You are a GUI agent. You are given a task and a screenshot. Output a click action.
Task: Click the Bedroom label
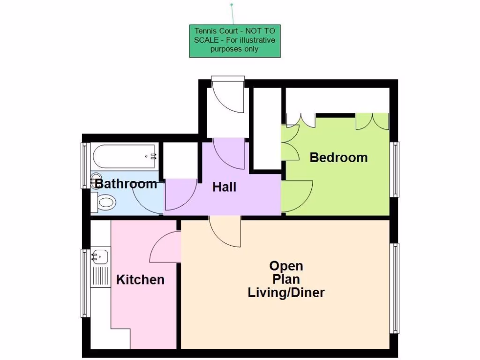(338, 157)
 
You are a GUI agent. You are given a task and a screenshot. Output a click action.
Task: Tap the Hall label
(224, 187)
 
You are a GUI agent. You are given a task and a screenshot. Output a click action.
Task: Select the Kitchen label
(140, 280)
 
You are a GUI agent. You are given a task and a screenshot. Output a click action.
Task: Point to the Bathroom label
(126, 183)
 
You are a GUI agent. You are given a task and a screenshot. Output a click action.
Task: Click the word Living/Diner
(286, 293)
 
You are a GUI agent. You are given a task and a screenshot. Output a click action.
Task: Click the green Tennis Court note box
(235, 41)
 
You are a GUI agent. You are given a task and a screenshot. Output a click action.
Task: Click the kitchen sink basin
(100, 256)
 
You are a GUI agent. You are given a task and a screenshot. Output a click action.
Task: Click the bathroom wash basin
(96, 180)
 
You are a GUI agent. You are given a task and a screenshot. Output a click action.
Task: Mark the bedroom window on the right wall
(395, 169)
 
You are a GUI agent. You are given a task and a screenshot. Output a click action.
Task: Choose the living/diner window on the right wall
(395, 288)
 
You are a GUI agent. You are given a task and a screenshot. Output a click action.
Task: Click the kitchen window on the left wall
(85, 283)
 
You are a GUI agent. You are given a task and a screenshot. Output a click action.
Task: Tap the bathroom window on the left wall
(85, 165)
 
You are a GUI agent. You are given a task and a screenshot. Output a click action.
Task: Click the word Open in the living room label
(286, 266)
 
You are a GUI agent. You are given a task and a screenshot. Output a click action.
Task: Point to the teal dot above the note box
(232, 5)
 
